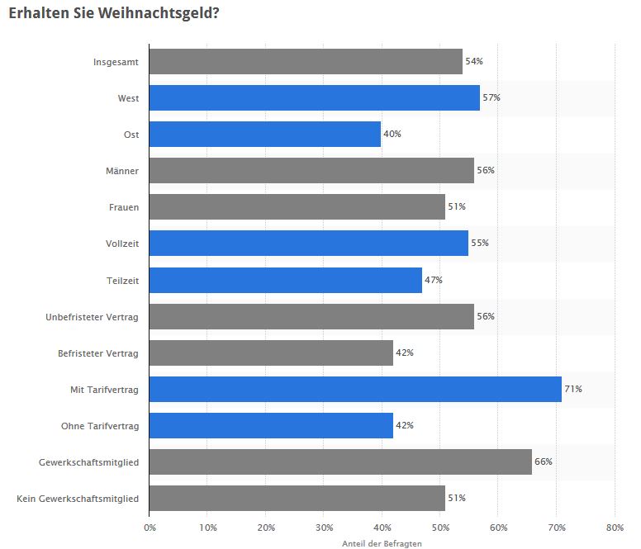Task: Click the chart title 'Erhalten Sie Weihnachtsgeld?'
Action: [114, 14]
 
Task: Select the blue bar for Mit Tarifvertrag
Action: [355, 389]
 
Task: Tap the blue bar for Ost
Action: [265, 134]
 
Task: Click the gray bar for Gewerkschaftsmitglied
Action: [340, 461]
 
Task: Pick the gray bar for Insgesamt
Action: [306, 61]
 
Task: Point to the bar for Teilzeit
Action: [285, 280]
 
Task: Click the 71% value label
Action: [573, 389]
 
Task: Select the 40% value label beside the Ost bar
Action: [392, 134]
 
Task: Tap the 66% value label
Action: [543, 461]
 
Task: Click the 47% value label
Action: [433, 280]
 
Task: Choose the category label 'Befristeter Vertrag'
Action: [98, 353]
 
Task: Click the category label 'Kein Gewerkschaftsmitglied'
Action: [78, 499]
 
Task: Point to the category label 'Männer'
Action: [121, 171]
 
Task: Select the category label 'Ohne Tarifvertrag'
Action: [100, 426]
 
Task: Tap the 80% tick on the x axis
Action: [614, 527]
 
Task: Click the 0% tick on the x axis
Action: [150, 527]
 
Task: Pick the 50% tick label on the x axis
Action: [440, 527]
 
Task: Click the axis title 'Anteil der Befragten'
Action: [381, 543]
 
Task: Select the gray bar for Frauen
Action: [297, 206]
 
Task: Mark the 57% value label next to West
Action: [491, 97]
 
